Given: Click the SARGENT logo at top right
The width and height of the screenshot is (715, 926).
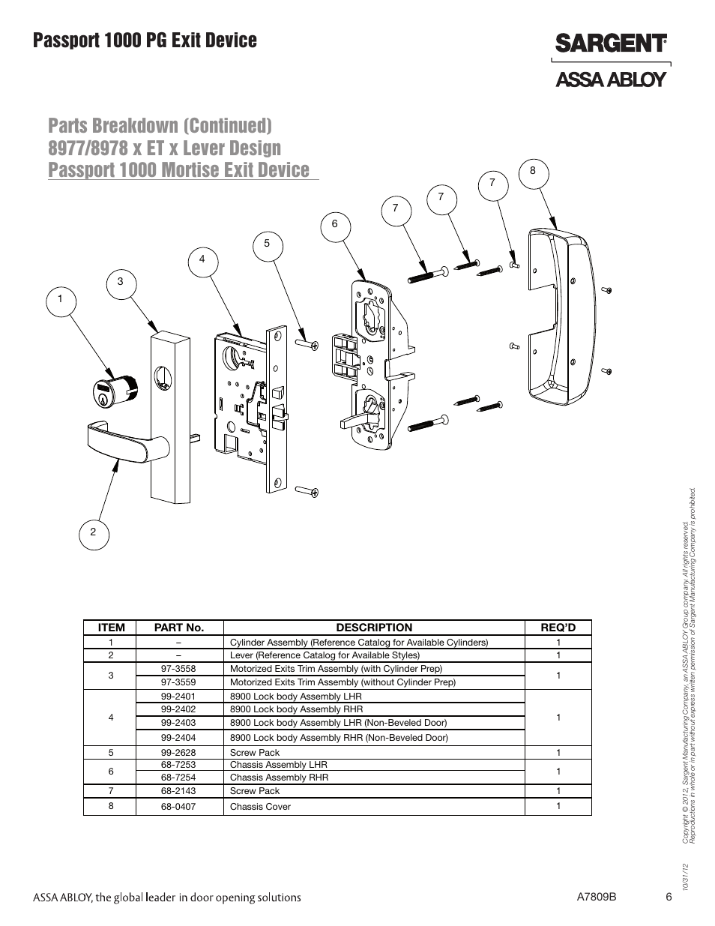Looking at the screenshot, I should [610, 43].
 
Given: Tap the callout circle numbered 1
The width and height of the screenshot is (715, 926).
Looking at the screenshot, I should [61, 300].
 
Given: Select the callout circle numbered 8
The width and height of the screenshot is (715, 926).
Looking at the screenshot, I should [533, 171].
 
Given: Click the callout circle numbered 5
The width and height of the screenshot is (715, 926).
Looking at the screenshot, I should [267, 244].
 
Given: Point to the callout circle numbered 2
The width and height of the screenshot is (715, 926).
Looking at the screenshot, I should [93, 532].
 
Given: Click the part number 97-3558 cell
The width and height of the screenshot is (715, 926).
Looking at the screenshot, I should [178, 669].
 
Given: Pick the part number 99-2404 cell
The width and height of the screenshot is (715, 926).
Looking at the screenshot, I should [178, 738].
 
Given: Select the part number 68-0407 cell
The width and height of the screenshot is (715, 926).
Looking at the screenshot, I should [178, 807].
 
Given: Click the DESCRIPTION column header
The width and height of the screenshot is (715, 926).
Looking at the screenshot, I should [373, 628].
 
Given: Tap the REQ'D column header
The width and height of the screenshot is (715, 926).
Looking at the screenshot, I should [558, 628].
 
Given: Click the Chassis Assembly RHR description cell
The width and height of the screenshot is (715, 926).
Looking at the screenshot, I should [279, 778].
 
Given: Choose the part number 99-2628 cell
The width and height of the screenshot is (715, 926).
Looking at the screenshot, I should [178, 753].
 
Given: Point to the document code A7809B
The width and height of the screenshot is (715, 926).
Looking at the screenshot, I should [597, 898].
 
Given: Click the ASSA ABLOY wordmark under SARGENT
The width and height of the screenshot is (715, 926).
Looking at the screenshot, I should [610, 79].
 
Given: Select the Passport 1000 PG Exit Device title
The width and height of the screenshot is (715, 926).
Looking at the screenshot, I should [145, 40].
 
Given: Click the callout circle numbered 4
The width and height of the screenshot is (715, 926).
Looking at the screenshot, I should [202, 259].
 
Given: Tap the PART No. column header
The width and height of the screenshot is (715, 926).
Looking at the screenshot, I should [178, 628].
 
